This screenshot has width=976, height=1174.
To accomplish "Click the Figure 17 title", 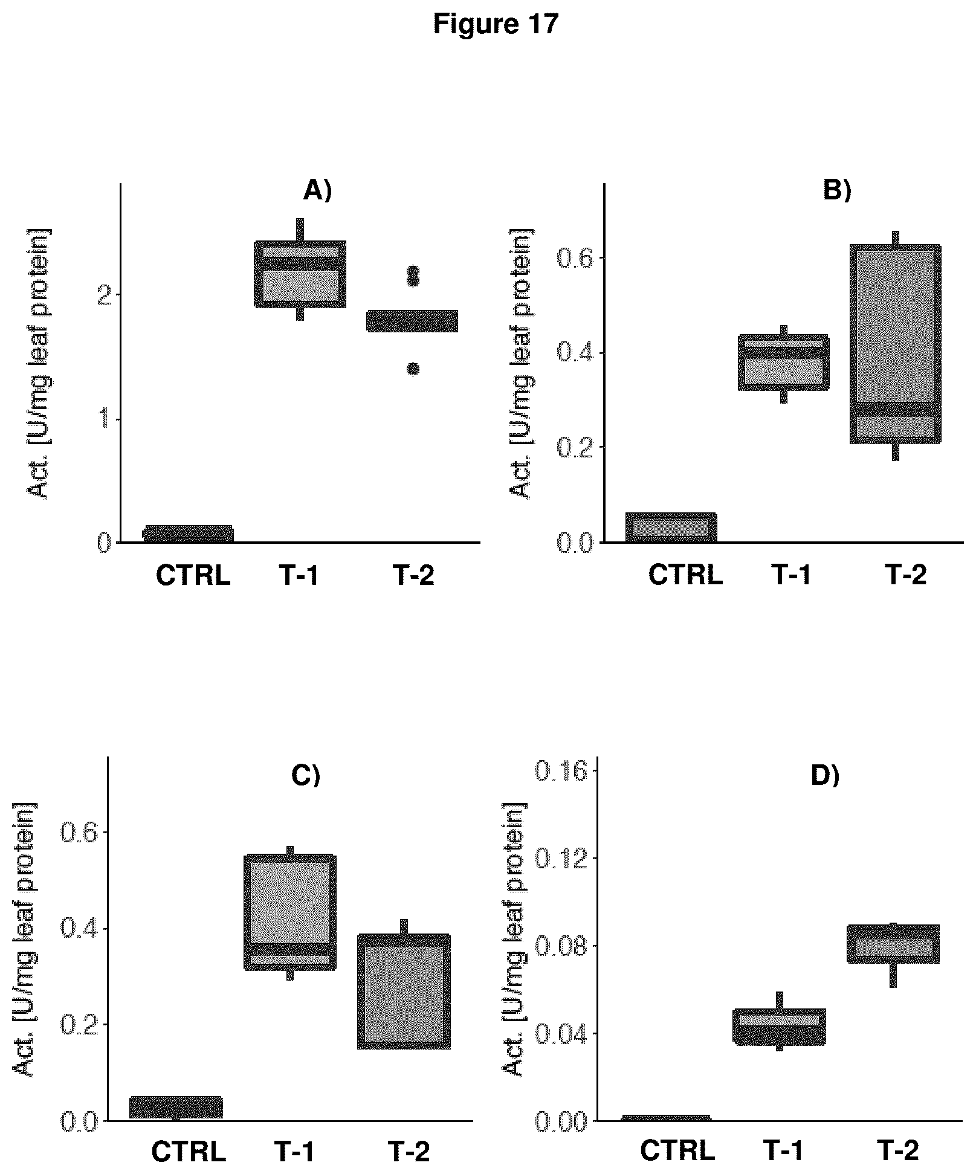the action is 496,25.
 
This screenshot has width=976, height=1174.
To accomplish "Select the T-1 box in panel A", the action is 300,274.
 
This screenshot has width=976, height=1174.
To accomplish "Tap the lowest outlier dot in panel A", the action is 413,369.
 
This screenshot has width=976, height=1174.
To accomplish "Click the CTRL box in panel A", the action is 188,534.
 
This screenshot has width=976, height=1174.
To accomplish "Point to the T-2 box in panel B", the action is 896,343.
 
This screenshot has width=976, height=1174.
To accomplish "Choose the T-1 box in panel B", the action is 783,362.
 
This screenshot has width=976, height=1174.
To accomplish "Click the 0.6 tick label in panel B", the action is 574,258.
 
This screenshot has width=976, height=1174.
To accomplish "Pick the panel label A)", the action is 317,191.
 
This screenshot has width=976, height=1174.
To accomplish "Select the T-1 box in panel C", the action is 290,912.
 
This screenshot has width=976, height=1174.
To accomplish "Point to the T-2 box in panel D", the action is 896,943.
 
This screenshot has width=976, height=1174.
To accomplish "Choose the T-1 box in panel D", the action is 780,1026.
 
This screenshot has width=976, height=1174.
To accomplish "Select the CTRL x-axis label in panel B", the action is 685,575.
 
